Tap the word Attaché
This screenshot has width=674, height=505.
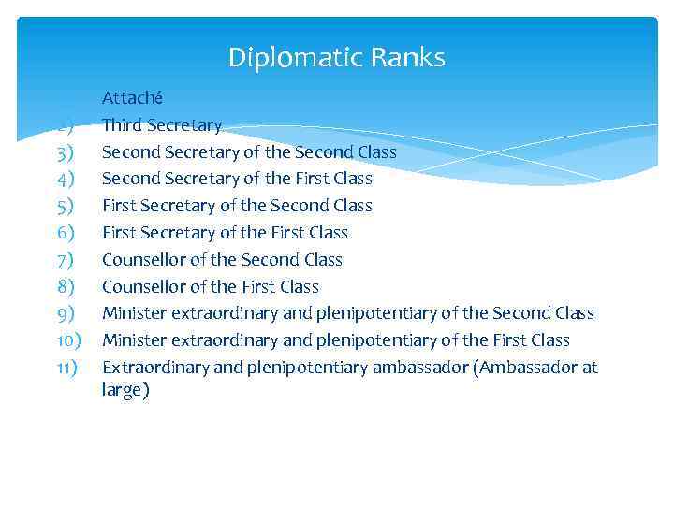point(132,97)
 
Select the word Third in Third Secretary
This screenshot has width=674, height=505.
point(123,124)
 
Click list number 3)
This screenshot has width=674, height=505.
point(65,151)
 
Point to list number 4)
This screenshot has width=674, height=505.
point(65,179)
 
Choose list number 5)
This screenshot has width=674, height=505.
point(65,206)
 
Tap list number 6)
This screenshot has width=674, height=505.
point(65,233)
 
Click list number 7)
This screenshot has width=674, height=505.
point(65,260)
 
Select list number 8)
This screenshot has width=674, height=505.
point(65,287)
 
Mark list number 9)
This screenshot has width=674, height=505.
point(65,314)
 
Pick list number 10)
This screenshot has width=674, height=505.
point(67,340)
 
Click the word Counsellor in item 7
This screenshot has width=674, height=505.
point(144,260)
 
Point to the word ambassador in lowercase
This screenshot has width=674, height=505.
point(420,368)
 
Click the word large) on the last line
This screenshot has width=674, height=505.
point(125,391)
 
